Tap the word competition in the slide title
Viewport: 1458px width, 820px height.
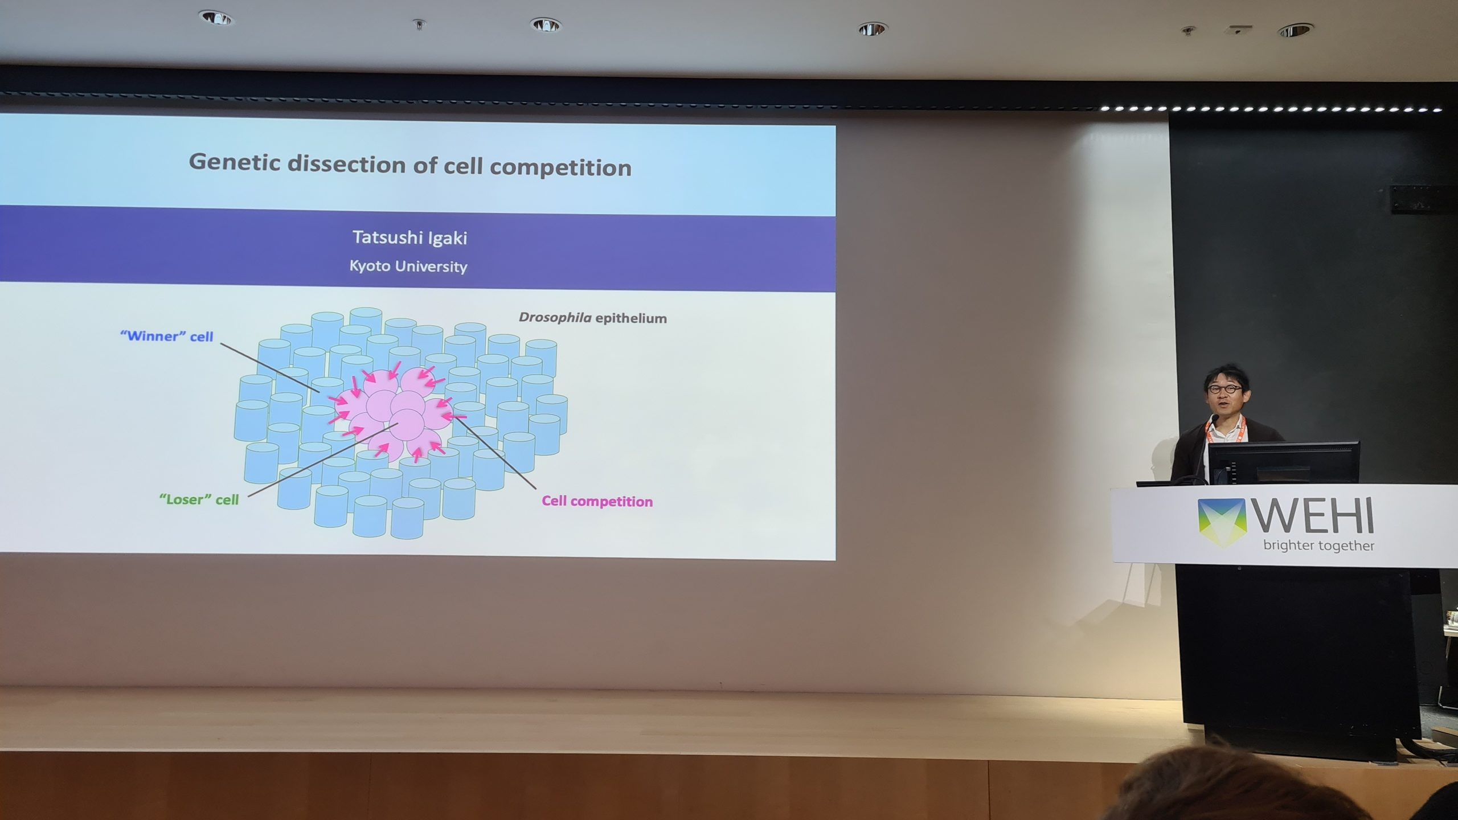click(561, 168)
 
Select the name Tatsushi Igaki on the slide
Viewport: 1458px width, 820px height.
click(409, 237)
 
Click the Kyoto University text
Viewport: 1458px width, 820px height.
click(408, 266)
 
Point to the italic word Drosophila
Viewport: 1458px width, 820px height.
click(555, 317)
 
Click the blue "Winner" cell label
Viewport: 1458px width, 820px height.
click(166, 336)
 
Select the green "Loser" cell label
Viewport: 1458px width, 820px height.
click(199, 499)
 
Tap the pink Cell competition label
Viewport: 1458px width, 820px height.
click(597, 501)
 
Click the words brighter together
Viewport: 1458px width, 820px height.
click(1318, 546)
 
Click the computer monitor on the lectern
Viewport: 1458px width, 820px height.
click(1283, 462)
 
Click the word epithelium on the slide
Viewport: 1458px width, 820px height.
click(631, 318)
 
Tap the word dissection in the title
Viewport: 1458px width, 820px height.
click(359, 164)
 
